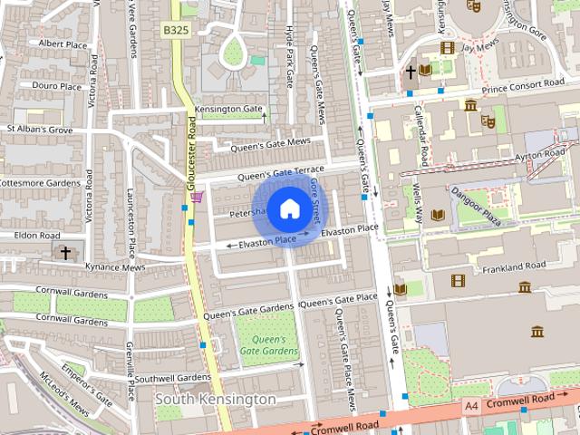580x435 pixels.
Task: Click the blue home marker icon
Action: tap(288, 208)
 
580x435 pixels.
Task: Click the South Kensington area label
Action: tap(216, 399)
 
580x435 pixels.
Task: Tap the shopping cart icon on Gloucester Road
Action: tap(197, 197)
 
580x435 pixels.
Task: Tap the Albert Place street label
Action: tap(63, 43)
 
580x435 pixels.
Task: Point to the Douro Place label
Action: tap(56, 86)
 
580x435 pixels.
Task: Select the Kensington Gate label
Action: tap(229, 108)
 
